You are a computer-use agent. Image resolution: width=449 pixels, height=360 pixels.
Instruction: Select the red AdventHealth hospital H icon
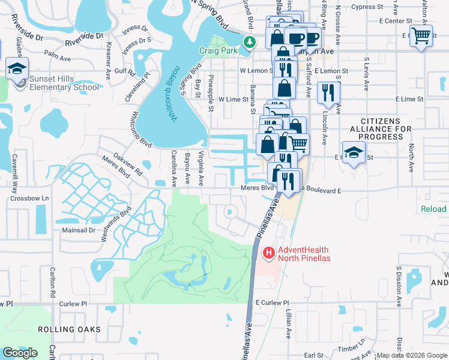tap(267, 254)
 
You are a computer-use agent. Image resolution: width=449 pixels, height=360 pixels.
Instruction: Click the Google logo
tap(19, 353)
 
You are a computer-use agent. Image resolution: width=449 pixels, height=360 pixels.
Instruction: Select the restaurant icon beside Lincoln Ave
tap(328, 92)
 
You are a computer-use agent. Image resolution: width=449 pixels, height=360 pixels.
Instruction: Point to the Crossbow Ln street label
tap(29, 198)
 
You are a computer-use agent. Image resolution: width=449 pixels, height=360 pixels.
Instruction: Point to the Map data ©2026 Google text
tap(412, 355)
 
